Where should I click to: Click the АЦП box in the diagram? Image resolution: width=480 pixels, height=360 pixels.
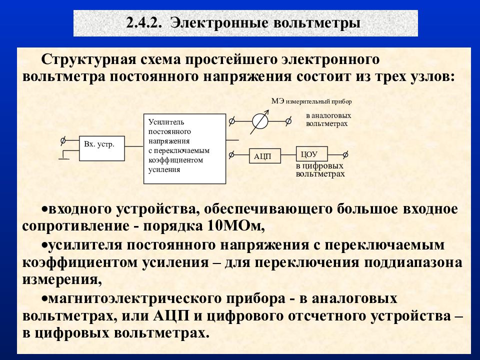265,156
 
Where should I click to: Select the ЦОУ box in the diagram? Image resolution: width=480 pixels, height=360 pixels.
311,154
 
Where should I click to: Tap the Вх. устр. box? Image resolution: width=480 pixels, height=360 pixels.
102,148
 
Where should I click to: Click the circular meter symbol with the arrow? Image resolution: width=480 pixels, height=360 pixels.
260,121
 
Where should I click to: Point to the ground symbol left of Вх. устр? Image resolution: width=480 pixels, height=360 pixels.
64,155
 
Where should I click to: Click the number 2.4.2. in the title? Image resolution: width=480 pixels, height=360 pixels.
144,23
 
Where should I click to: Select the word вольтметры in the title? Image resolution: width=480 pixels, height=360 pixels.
316,23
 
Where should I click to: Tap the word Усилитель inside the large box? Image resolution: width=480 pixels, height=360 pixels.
166,122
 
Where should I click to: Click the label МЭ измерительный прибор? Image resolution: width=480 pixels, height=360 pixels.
311,101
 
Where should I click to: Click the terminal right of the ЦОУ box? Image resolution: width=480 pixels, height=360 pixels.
345,154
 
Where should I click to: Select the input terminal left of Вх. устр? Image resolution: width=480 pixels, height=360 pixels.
63,140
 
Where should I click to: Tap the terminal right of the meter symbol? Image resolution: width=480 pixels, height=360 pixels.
288,121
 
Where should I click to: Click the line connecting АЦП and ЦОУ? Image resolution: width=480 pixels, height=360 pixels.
288,154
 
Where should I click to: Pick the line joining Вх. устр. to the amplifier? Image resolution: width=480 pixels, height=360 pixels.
134,146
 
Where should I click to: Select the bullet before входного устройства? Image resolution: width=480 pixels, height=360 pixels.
44,209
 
